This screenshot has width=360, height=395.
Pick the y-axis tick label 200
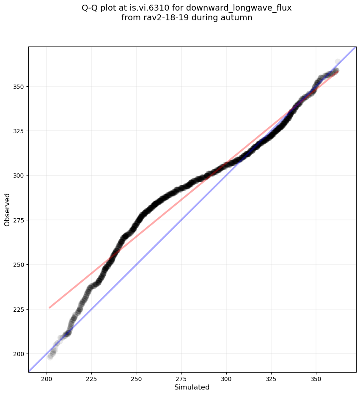click(x=19, y=354)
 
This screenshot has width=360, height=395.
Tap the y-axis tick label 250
click(x=19, y=265)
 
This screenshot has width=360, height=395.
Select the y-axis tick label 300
click(x=19, y=176)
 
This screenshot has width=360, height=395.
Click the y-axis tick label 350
click(x=19, y=87)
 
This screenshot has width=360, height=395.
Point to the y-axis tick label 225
click(x=19, y=309)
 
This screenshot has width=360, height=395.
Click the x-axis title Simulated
click(x=192, y=387)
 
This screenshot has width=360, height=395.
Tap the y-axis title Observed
click(x=7, y=209)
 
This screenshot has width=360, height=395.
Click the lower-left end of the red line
click(x=49, y=307)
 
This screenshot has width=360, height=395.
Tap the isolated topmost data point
click(x=338, y=62)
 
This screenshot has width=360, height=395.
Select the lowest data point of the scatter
click(x=50, y=357)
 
